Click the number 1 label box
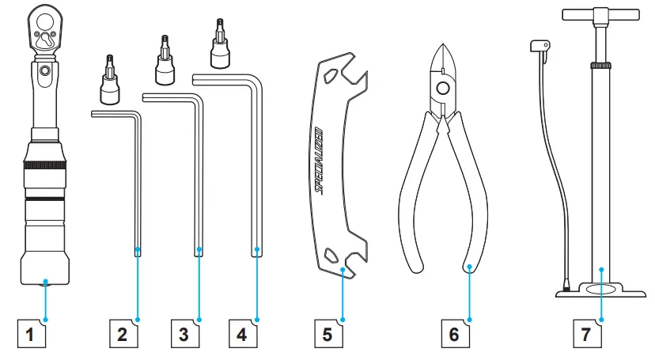pos(32,334)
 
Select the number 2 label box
pos(123,334)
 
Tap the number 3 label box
pos(185,334)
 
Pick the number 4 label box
pos(243,334)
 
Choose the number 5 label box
pos(329,334)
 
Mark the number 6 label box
pos(456,334)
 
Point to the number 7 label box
pos(588,334)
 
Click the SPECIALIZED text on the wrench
pos(318,161)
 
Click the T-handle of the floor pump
pos(600,15)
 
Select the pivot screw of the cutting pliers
pos(443,88)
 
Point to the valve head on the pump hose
pos(540,46)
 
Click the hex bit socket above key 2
pos(109,81)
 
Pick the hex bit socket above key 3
pos(165,61)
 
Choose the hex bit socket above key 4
pos(220,44)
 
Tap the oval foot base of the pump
pos(600,290)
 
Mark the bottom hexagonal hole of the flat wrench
pos(331,254)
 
